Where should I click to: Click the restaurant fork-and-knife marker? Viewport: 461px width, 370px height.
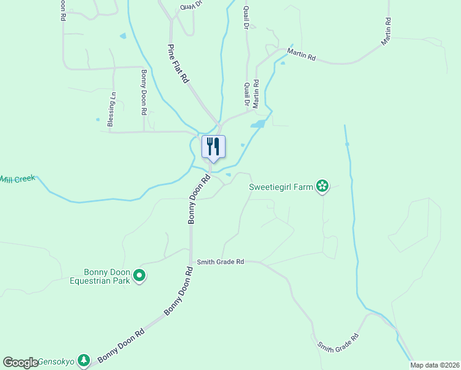[213, 147]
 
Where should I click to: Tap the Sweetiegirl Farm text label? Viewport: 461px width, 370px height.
[281, 186]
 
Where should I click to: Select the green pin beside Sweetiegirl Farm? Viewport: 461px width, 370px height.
[322, 186]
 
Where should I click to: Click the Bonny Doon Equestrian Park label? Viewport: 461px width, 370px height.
[107, 276]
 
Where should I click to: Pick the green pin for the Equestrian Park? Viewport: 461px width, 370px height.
[139, 276]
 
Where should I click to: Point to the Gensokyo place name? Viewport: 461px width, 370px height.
[57, 361]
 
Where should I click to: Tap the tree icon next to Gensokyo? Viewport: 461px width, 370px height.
[84, 360]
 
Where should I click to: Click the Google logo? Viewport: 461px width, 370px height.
[20, 363]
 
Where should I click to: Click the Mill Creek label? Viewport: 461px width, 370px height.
[17, 179]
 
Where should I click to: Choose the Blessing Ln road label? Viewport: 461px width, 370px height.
[112, 109]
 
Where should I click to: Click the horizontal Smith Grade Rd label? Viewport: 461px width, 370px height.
[220, 262]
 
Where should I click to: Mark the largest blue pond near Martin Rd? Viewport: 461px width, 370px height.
[258, 125]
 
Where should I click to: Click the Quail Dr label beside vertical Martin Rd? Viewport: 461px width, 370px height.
[247, 94]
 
